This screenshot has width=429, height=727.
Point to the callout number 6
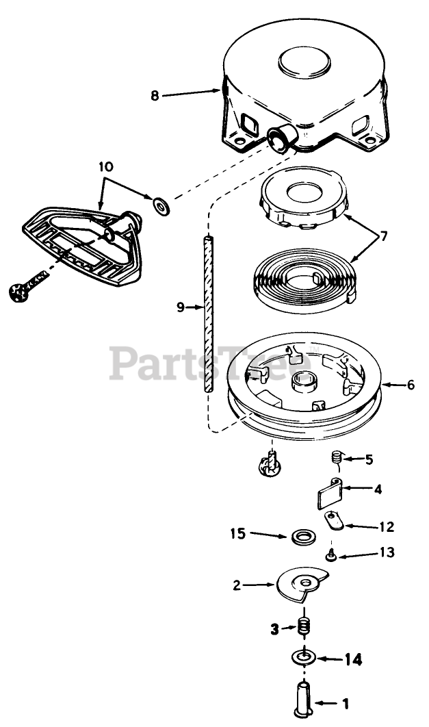tap(410, 385)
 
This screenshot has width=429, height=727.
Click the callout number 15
tap(237, 533)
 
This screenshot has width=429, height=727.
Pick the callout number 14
tap(352, 660)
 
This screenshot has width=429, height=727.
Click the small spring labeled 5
tap(336, 457)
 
